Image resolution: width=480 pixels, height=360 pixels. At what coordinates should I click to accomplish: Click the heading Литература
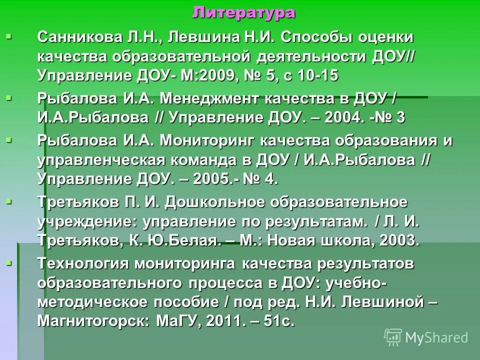pos(243,12)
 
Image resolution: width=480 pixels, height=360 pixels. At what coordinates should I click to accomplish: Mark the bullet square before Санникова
pos(8,36)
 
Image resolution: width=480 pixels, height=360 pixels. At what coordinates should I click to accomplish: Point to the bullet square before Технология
pos(8,262)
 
